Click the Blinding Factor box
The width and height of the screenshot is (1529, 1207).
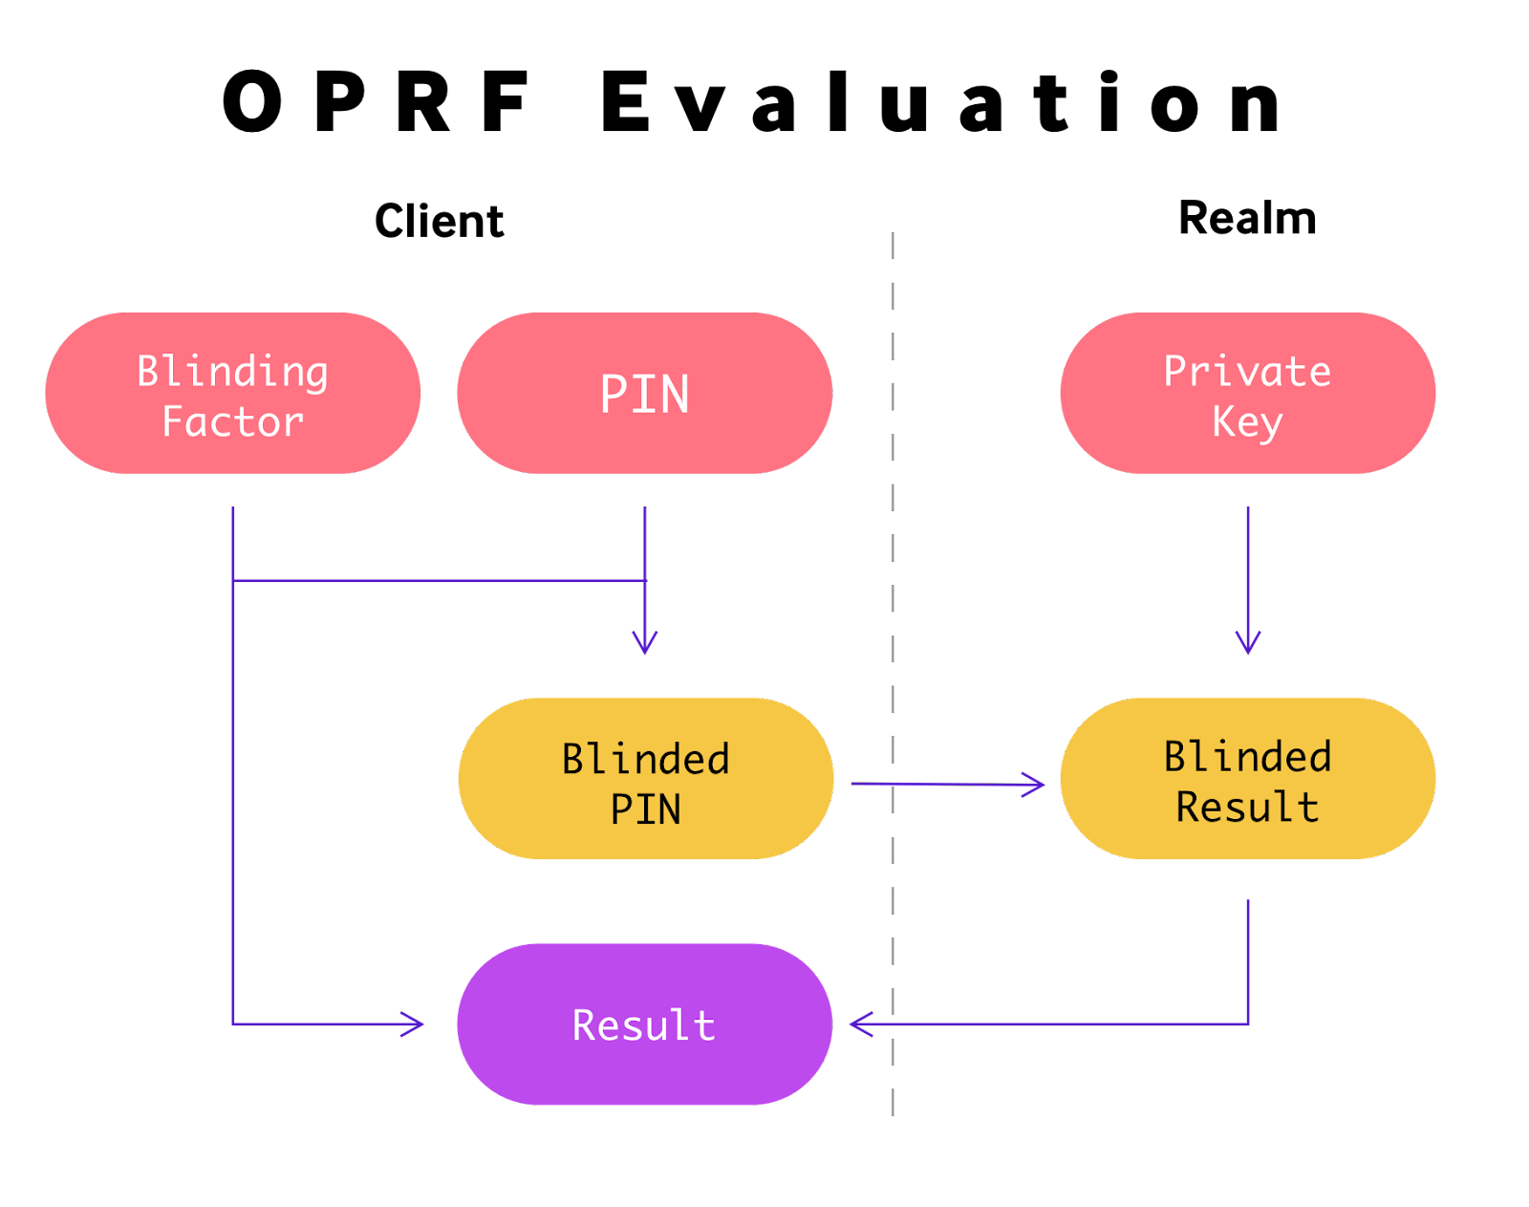click(232, 393)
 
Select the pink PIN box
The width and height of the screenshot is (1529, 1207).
click(644, 393)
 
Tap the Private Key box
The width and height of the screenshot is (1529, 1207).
click(1247, 393)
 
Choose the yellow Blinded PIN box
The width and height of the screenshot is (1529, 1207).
click(645, 779)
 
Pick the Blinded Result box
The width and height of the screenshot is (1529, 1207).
click(1247, 779)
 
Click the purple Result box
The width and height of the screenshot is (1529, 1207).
click(644, 1024)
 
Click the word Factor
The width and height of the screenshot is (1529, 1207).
click(232, 421)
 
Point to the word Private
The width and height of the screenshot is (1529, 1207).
click(1247, 371)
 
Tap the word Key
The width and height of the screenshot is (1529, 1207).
click(1247, 421)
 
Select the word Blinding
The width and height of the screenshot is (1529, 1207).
click(232, 371)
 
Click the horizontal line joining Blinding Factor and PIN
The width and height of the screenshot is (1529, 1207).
click(440, 580)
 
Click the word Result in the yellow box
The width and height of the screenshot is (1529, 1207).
click(1247, 807)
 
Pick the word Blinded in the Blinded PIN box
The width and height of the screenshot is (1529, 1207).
click(645, 759)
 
